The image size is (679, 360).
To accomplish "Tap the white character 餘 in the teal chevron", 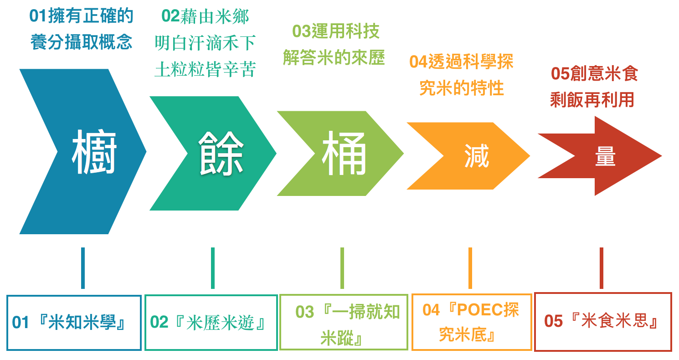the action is coord(221,153).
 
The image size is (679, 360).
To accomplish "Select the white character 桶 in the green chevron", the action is coord(344,153).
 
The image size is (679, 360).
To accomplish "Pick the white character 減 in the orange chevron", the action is coord(477,156).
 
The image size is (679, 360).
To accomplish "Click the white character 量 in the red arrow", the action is coord(605,156).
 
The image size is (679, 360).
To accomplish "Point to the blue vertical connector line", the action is coord(83,268).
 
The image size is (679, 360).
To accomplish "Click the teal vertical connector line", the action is coord(213,268).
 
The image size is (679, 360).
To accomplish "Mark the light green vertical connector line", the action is coord(342,268).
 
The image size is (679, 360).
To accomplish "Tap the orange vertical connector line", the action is coord(470,268).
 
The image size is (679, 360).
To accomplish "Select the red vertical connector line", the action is coord(602,268).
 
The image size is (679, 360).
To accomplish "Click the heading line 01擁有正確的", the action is coord(81,16).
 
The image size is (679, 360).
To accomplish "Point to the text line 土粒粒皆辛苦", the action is coord(205,69).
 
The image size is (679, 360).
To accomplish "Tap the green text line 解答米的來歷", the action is coord(334,57).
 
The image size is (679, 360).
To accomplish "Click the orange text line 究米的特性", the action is coord(461,88).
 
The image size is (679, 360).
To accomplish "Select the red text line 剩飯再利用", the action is coord(592,100).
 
